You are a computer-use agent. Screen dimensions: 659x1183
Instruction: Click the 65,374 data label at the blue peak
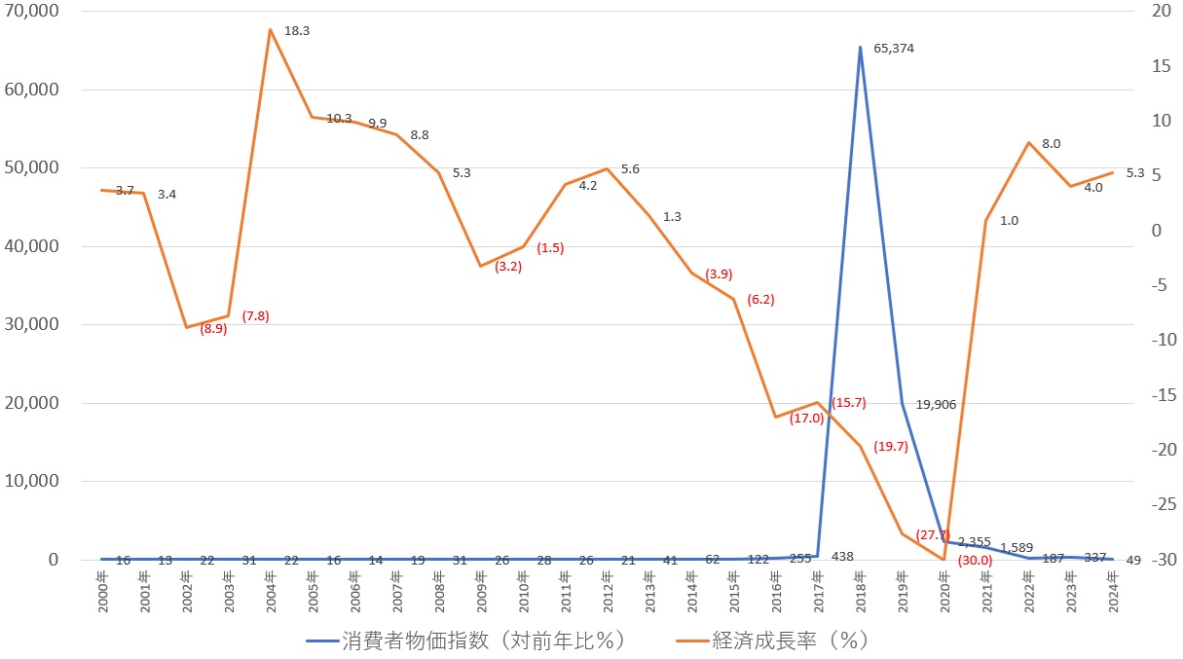(x=894, y=48)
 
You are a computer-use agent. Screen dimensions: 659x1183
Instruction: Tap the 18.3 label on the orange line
(x=297, y=31)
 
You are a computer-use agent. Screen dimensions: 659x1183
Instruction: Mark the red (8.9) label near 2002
(x=213, y=329)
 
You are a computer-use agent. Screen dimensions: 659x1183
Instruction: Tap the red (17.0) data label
(x=807, y=419)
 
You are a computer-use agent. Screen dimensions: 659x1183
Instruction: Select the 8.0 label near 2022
(x=1051, y=143)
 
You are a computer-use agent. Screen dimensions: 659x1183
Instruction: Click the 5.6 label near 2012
(x=630, y=168)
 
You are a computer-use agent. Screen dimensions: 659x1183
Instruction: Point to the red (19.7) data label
(x=891, y=447)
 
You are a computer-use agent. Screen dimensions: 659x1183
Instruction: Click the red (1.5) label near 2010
(x=550, y=247)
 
